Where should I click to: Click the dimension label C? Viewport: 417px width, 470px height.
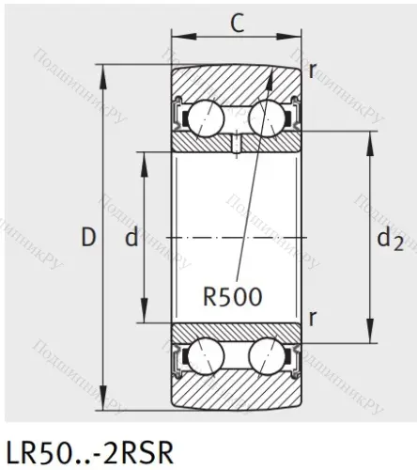click(x=238, y=22)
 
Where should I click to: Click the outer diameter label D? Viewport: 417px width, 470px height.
click(x=89, y=238)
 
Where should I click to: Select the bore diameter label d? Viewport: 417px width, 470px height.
click(x=131, y=239)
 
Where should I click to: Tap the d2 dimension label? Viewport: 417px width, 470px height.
click(x=390, y=240)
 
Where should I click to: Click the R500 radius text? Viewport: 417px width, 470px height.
click(x=233, y=296)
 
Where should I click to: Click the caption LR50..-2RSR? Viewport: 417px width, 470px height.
click(x=89, y=450)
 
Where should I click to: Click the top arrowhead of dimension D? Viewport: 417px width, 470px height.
click(x=105, y=70)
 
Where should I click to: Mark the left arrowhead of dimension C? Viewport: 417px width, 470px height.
click(x=176, y=39)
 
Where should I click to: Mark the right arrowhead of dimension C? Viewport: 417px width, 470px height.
click(x=298, y=39)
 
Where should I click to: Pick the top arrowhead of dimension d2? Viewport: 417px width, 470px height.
click(x=369, y=134)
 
